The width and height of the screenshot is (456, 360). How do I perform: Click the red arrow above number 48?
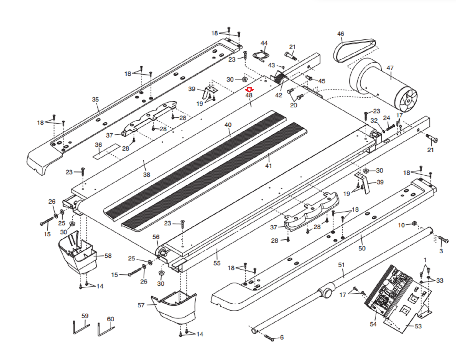pos(249,90)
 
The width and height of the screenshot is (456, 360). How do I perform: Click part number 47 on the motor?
pos(390,68)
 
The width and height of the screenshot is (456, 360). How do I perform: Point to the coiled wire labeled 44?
pos(260,55)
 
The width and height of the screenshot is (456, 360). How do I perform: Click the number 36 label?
pos(98,145)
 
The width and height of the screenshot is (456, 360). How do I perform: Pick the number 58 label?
pos(108,256)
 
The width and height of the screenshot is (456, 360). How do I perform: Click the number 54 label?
pos(373,324)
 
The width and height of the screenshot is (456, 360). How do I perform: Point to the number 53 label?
pos(418,326)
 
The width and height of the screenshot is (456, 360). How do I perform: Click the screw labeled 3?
pos(443,240)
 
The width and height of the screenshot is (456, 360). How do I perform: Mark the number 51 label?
pos(341,265)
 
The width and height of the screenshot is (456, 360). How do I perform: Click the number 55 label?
pos(217,263)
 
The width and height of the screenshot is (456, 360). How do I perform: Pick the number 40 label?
pos(228,125)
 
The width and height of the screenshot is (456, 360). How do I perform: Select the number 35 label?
pos(95,99)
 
